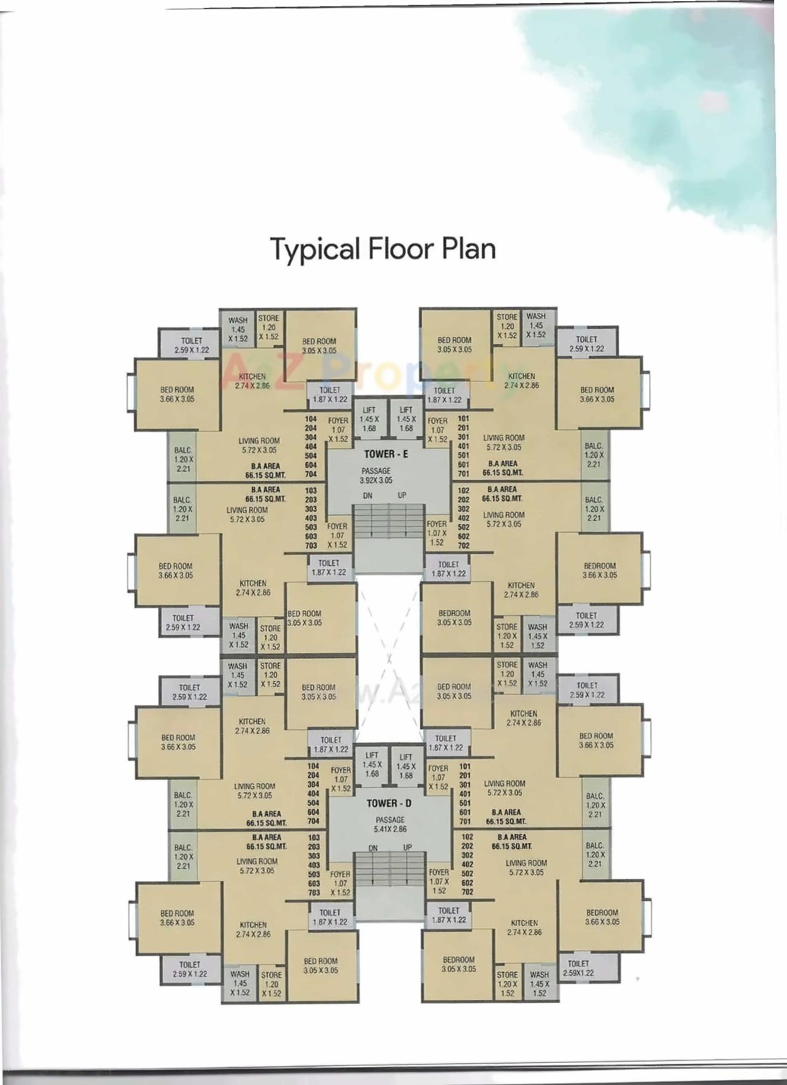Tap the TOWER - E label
[x=386, y=454]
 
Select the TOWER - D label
[x=389, y=803]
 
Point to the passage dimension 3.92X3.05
[x=376, y=480]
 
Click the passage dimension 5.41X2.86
[x=390, y=829]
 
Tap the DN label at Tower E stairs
[x=367, y=496]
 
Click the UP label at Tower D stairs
[x=407, y=848]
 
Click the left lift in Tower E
[x=369, y=419]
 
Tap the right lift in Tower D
[x=406, y=766]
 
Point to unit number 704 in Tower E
[x=311, y=474]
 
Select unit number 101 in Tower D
[x=465, y=766]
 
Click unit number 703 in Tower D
[x=314, y=892]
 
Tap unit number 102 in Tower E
[x=464, y=491]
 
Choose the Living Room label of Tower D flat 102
[x=526, y=867]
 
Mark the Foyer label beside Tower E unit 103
[x=337, y=535]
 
